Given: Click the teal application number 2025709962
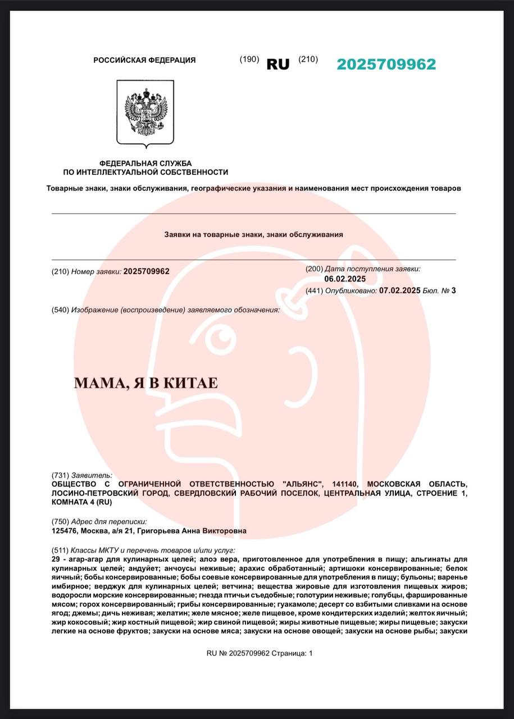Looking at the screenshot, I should (386, 64).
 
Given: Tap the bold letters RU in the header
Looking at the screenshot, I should (278, 64).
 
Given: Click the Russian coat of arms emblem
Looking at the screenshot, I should (145, 112).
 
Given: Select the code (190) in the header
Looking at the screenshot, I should (249, 60).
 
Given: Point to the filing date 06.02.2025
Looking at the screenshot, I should (345, 279).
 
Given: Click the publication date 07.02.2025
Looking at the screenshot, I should (399, 290).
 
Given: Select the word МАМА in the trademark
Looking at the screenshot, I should (94, 384).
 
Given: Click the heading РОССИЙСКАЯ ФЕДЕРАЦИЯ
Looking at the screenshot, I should (144, 60).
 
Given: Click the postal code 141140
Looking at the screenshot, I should (345, 484).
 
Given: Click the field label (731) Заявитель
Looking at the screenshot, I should (82, 475).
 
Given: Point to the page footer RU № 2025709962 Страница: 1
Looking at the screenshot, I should (259, 653).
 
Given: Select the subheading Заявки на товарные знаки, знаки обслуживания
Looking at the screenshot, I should (253, 234).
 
